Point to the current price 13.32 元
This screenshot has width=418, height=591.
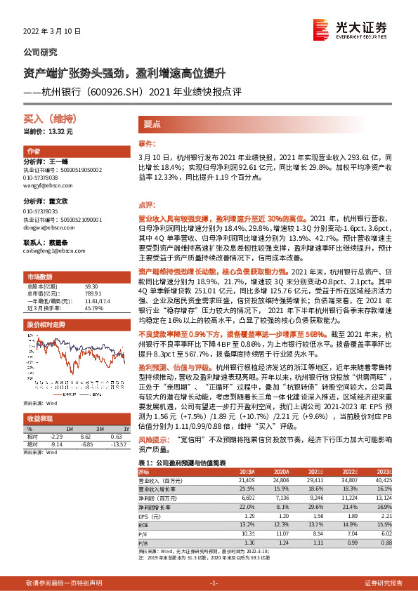[x=48, y=131]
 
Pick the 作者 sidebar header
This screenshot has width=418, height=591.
[x=33, y=152]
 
